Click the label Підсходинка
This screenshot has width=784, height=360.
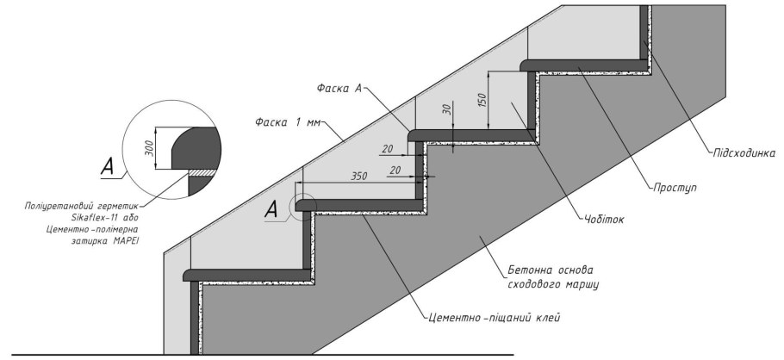(744, 153)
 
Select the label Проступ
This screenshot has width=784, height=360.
(675, 189)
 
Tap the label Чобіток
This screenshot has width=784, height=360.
(603, 219)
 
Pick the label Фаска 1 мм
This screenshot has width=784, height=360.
(287, 122)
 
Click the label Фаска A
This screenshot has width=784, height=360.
(339, 88)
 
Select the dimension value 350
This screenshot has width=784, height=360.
(359, 176)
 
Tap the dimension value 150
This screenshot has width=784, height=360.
(482, 100)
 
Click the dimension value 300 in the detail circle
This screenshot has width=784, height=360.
(149, 148)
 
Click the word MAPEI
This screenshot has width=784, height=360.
(126, 240)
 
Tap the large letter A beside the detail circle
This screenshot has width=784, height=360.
(108, 166)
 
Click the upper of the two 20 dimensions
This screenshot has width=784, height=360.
(388, 148)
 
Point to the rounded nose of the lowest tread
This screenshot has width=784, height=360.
(187, 275)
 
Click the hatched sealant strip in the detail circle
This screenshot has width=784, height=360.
(202, 172)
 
